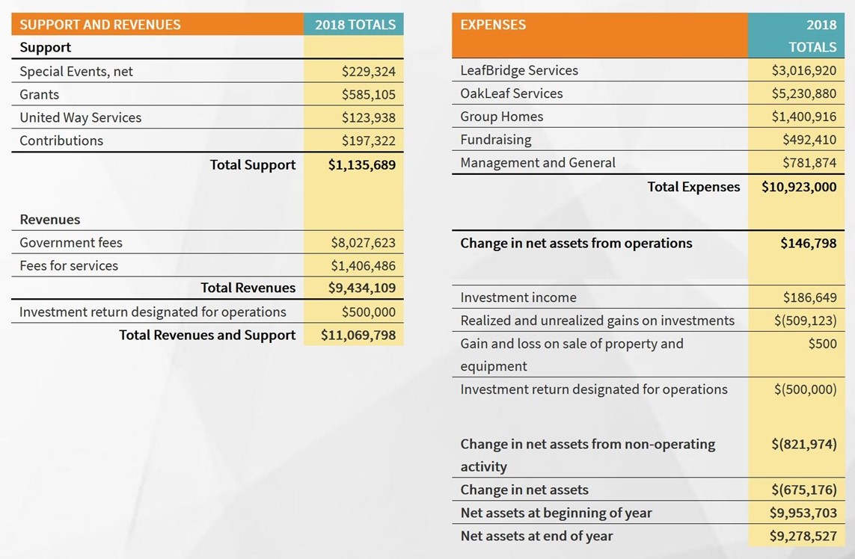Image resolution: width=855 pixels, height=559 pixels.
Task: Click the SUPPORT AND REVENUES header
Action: point(99,25)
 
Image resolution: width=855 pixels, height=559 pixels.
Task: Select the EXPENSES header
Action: point(493,25)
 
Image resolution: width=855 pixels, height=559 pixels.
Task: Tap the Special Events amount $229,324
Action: point(369,72)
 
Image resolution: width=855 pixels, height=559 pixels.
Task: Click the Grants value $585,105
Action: point(369,94)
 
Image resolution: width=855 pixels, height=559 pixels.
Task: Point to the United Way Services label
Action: point(80,117)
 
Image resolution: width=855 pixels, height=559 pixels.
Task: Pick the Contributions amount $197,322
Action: point(369,140)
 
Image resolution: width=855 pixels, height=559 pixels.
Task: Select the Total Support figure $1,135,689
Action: point(362,164)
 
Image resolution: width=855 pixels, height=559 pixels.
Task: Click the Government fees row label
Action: point(71,242)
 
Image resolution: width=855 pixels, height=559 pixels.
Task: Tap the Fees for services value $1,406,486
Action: point(363,265)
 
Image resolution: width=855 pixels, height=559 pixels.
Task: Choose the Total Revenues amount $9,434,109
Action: point(362,288)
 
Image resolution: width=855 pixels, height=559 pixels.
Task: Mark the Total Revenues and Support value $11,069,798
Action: point(358,335)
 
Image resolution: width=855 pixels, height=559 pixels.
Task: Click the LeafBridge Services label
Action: point(519,70)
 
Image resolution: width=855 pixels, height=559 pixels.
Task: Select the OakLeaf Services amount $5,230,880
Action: point(803,93)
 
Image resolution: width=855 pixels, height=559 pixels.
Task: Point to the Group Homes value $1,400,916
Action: point(803,117)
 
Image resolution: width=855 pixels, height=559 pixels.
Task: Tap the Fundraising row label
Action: point(496,140)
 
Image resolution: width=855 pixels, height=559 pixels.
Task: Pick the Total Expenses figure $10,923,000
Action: point(799,187)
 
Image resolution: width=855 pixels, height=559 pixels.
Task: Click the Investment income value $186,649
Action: point(809,297)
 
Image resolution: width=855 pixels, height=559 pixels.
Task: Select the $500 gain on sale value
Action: point(822,343)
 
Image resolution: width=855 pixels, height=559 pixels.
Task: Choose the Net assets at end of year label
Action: point(536,536)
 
